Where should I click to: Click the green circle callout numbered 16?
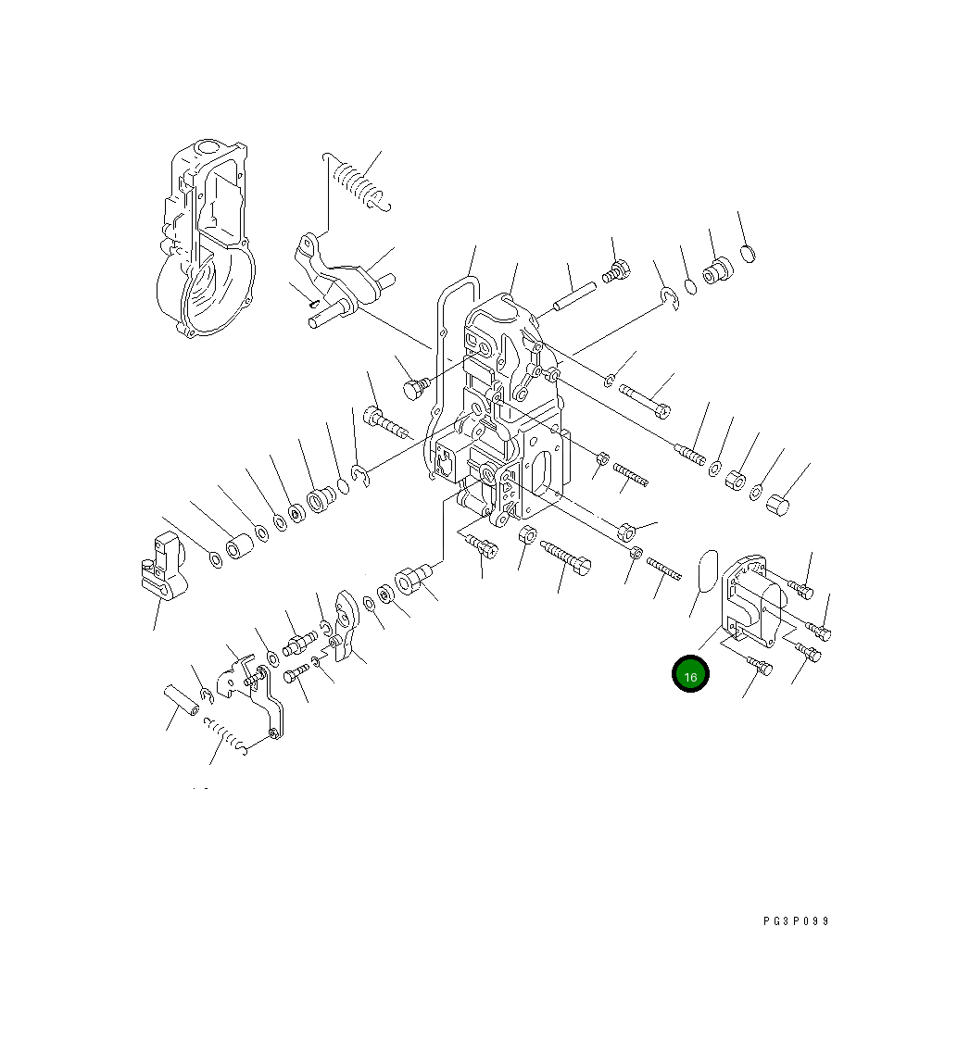690,675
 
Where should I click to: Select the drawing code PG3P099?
796,921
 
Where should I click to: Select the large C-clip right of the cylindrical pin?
670,297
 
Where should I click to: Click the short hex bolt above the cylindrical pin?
615,272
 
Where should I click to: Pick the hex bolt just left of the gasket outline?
414,389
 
